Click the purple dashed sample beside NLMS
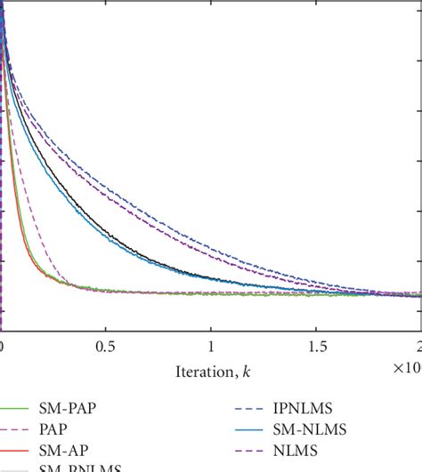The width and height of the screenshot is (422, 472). click(253, 454)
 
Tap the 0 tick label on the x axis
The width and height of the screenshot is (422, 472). click(3, 345)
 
